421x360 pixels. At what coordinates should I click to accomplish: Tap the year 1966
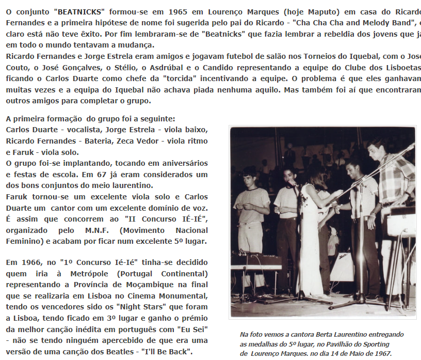pyautogui.click(x=33, y=262)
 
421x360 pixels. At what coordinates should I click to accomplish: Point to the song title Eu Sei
pyautogui.click(x=189, y=328)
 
